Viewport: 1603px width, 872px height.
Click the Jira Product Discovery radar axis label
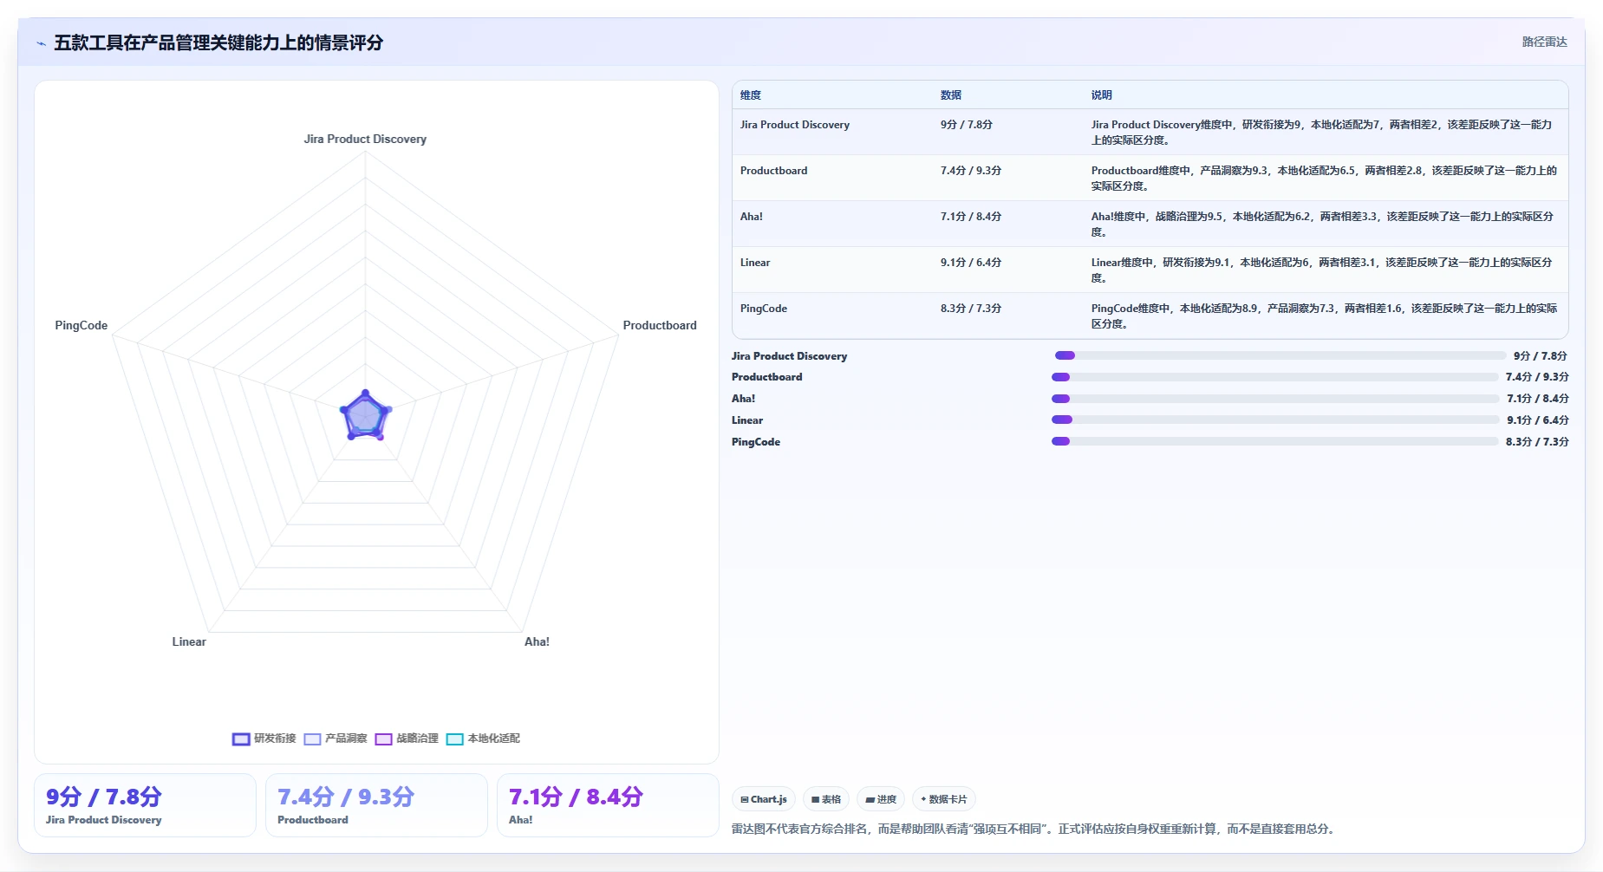(x=365, y=139)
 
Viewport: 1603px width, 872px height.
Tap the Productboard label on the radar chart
(x=660, y=325)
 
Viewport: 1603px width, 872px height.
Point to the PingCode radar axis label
(x=81, y=325)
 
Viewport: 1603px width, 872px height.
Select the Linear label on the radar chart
(x=189, y=641)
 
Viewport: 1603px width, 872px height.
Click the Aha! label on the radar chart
(x=537, y=641)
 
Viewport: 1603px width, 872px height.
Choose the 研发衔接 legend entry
(x=264, y=739)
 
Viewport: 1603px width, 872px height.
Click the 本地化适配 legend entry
(x=483, y=739)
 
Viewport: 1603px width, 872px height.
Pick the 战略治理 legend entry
(x=407, y=739)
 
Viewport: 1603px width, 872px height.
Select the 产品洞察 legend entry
(x=336, y=739)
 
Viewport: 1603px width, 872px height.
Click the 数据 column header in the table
(x=951, y=95)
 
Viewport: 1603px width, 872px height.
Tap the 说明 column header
(x=1101, y=95)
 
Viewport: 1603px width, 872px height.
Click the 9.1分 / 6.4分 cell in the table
(x=971, y=263)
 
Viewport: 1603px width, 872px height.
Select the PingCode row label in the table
(x=764, y=309)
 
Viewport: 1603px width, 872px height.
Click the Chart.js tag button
(x=764, y=799)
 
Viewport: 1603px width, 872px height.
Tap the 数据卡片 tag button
(x=943, y=799)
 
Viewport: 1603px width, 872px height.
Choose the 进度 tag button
(x=881, y=799)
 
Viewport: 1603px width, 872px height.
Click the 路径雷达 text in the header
(x=1545, y=42)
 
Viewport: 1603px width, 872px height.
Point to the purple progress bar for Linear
(x=1062, y=420)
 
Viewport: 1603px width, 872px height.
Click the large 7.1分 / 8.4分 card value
(x=576, y=797)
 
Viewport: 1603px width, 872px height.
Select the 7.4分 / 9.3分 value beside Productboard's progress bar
(x=1537, y=377)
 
